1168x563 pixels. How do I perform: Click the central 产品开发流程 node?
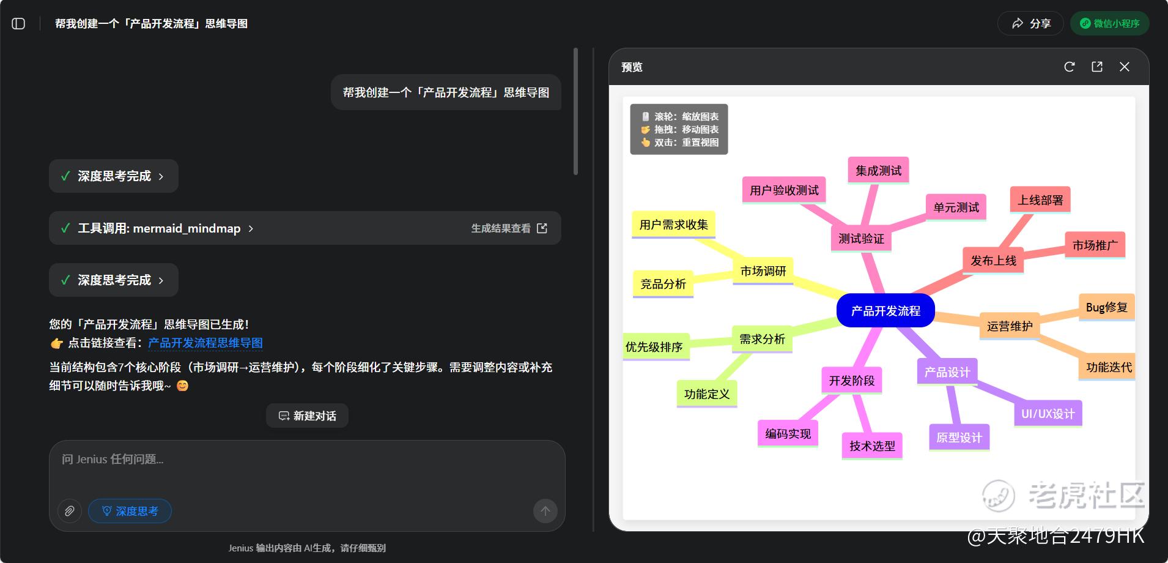click(885, 310)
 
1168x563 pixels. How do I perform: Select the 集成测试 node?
click(878, 170)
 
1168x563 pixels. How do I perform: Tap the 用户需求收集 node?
click(673, 225)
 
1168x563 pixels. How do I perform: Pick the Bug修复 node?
click(1106, 307)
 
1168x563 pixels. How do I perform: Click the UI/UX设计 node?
click(1048, 414)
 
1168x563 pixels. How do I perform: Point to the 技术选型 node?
click(872, 446)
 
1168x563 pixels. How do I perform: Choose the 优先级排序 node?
click(654, 347)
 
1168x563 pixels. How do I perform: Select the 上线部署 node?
click(1040, 200)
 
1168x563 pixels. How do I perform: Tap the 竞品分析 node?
click(663, 284)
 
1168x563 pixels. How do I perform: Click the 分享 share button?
click(1031, 23)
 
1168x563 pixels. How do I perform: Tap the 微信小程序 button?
click(1110, 23)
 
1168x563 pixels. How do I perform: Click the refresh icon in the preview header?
click(1070, 67)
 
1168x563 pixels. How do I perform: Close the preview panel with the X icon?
click(1125, 67)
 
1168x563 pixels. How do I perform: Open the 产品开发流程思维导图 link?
click(205, 343)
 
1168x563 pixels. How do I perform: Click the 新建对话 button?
click(307, 416)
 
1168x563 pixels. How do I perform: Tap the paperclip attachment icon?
click(70, 511)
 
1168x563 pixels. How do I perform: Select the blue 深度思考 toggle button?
click(130, 511)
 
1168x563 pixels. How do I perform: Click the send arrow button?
click(545, 511)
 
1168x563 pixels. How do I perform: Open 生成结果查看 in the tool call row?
click(509, 228)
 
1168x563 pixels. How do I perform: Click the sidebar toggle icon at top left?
click(18, 23)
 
